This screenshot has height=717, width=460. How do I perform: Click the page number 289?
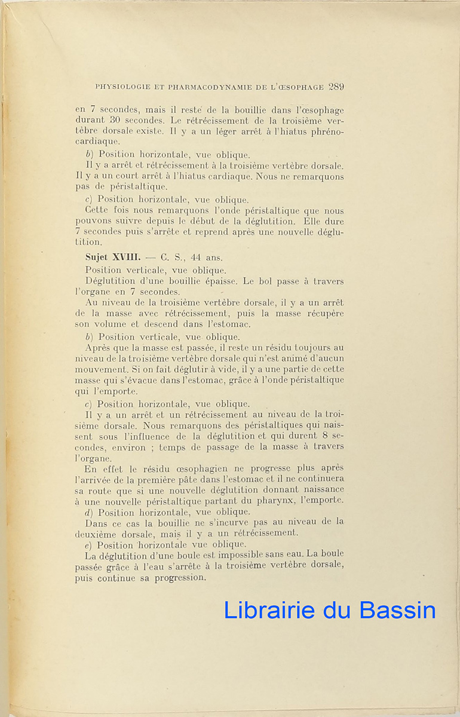[336, 87]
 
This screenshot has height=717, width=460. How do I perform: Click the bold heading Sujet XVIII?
[112, 258]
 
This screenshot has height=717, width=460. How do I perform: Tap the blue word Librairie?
[269, 610]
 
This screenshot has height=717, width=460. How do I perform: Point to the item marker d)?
[90, 511]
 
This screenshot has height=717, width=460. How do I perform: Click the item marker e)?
[90, 544]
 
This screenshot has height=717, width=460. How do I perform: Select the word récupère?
[326, 314]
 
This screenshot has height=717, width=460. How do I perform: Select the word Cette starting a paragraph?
[96, 210]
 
